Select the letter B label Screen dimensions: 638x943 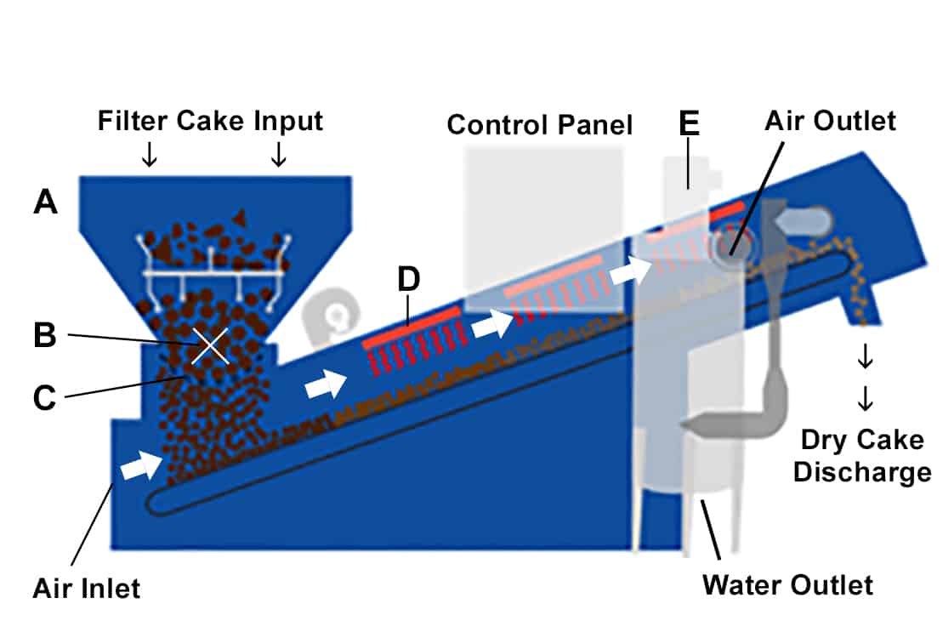[45, 335]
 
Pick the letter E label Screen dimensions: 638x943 [689, 124]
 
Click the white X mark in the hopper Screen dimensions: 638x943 [209, 346]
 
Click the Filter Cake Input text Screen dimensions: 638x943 [210, 121]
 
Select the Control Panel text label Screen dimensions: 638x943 [540, 125]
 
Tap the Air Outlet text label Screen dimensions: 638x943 [830, 121]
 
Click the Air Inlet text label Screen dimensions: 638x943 [86, 587]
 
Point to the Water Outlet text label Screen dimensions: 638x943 [787, 585]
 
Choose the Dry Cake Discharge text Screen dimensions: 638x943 [861, 455]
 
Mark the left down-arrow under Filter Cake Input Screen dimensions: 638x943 [150, 154]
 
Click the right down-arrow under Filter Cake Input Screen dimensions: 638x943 [278, 154]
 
